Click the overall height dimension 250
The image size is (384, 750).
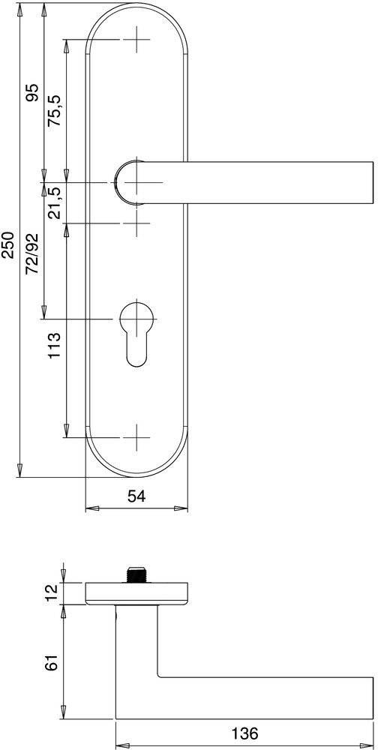coord(8,244)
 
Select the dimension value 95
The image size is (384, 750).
coord(32,93)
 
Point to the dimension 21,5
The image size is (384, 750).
coord(55,202)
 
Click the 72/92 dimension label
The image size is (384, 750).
coord(32,253)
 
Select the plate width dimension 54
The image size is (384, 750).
coord(136,496)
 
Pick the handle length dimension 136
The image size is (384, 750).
coord(244,733)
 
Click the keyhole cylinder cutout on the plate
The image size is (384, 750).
coord(136,330)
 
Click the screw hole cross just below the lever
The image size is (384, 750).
coord(136,223)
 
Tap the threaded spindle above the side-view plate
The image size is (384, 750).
coord(136,574)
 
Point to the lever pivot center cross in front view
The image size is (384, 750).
coord(137,182)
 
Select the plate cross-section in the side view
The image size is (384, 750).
coord(136,592)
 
